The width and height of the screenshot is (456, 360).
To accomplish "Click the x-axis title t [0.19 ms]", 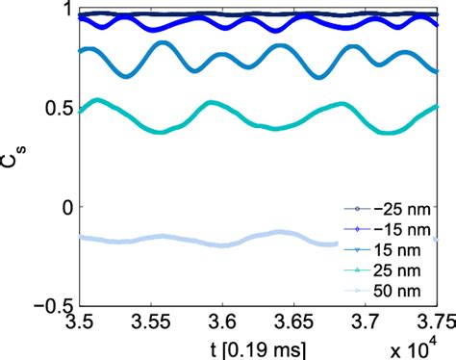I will pos(222,345).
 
